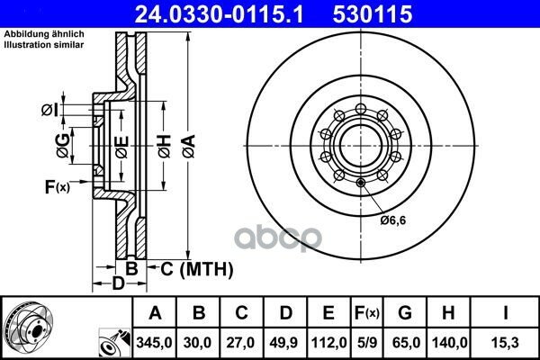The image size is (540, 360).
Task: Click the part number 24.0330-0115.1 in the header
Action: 219,13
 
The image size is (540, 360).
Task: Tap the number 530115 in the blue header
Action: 373,13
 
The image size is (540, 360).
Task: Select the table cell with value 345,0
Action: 154,343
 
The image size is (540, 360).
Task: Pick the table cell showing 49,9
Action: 284,343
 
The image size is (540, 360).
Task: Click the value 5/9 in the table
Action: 367,343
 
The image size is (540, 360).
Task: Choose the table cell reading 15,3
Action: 505,343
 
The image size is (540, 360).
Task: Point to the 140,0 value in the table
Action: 449,343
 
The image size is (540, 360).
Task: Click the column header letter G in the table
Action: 405,313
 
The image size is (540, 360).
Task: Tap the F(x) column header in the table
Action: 367,313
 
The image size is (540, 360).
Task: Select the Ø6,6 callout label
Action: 393,220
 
